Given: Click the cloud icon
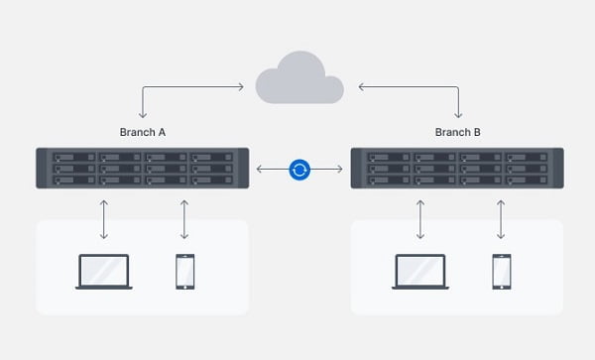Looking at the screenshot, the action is coord(299,80).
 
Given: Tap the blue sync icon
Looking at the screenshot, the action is coord(299,170).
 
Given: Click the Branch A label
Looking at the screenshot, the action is coord(143,132).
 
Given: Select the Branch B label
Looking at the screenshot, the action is coord(457,132).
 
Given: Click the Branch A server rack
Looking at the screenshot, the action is coord(143,168).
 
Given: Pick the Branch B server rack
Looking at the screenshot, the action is coord(457,168).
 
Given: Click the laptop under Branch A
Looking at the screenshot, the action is coord(104,272).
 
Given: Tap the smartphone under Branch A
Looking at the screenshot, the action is coord(185,272).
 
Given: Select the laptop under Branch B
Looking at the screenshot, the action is coord(420,272).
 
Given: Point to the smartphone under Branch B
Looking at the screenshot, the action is coord(502,272).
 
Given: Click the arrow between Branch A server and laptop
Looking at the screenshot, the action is coord(104,219).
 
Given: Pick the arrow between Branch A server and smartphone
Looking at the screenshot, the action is coord(184,219).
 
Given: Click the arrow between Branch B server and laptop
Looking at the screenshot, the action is coord(420,219).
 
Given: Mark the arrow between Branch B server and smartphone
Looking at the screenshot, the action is coord(501,219).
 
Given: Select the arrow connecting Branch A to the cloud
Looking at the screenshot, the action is coord(178,87).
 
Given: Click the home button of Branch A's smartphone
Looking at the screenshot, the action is coord(185,287).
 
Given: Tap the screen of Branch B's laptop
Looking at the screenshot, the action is coord(420,270).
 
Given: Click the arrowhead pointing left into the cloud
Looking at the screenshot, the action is coord(361,87).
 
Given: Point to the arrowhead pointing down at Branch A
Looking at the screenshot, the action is coord(143,115).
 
